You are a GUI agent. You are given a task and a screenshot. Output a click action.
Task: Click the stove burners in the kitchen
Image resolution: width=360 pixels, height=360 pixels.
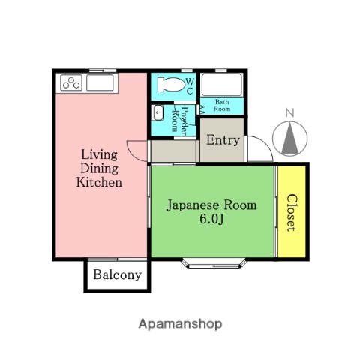point(71,82)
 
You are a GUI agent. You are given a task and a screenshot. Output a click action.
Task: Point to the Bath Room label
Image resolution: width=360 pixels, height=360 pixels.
point(223,105)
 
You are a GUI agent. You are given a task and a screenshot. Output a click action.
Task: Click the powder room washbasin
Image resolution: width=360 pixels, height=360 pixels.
point(157,114)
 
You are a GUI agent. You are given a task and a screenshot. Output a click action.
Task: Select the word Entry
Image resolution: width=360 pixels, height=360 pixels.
point(223,140)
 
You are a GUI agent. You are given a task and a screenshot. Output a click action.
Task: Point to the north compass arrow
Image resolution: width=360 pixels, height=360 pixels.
point(289,138)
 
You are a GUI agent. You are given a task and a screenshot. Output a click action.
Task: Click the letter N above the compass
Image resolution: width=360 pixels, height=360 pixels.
point(289,113)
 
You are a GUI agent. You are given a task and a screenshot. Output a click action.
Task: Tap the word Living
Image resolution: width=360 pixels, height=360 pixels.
point(100,155)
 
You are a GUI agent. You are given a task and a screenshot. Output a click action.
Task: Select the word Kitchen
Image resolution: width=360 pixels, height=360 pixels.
point(100,182)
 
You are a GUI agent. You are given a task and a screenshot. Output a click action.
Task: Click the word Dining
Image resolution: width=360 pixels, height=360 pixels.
point(100,169)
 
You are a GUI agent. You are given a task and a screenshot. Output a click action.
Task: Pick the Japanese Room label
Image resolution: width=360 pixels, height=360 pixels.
point(211,205)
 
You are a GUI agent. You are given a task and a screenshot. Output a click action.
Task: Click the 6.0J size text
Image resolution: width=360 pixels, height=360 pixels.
point(211,219)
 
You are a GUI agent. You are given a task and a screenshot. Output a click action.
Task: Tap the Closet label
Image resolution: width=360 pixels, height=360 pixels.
point(291,213)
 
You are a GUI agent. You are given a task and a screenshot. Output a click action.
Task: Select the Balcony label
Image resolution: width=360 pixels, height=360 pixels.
point(117,274)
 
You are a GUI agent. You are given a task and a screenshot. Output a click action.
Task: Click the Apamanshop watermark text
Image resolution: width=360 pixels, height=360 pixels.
point(180,324)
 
